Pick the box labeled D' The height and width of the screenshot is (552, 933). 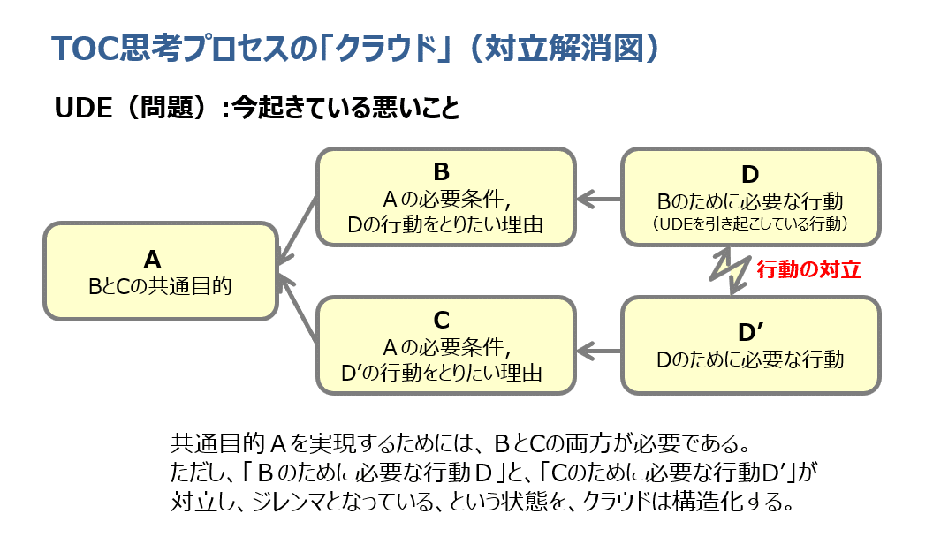point(750,344)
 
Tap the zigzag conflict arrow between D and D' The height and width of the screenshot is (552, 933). point(731,271)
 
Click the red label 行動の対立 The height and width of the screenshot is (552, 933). point(808,270)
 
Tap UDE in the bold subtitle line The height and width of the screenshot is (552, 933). point(83,108)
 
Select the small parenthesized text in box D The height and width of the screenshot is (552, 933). point(750,224)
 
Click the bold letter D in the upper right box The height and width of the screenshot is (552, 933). point(750,173)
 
